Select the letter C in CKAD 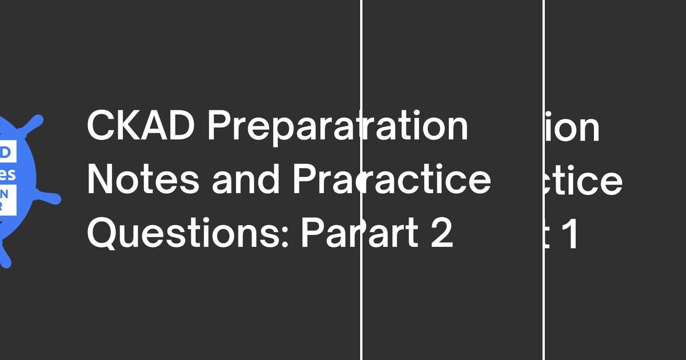99,127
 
